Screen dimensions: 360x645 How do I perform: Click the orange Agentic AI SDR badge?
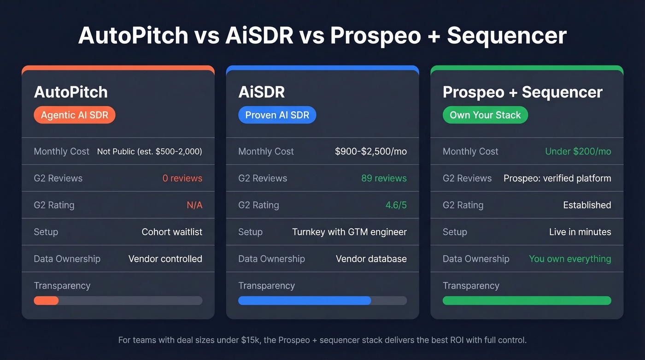[x=74, y=115]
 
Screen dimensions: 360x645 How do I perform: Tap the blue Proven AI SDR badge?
[x=277, y=115]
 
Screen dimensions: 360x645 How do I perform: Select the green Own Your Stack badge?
[x=485, y=115]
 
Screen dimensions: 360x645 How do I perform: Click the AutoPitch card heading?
[x=70, y=92]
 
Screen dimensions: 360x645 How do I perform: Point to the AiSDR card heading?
[x=261, y=92]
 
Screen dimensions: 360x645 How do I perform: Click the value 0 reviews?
[x=182, y=178]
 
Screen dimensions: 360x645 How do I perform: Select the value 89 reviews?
[x=384, y=178]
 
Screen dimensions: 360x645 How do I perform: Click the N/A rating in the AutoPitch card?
[x=194, y=205]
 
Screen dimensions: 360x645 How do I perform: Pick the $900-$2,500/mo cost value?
[x=370, y=152]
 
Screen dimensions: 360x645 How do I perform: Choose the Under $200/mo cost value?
[x=578, y=152]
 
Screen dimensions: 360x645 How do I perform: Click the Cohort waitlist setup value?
[x=171, y=232]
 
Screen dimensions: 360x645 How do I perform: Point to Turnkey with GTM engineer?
[x=349, y=232]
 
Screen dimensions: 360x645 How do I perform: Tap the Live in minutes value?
[x=580, y=232]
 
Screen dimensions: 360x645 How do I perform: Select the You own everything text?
[x=569, y=259]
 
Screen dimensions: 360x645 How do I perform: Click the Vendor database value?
[x=371, y=259]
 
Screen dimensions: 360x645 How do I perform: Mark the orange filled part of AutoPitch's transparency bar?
[x=46, y=301]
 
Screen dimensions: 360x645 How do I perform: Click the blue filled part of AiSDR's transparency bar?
[x=304, y=301]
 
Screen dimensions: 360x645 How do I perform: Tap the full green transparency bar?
[x=527, y=301]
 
